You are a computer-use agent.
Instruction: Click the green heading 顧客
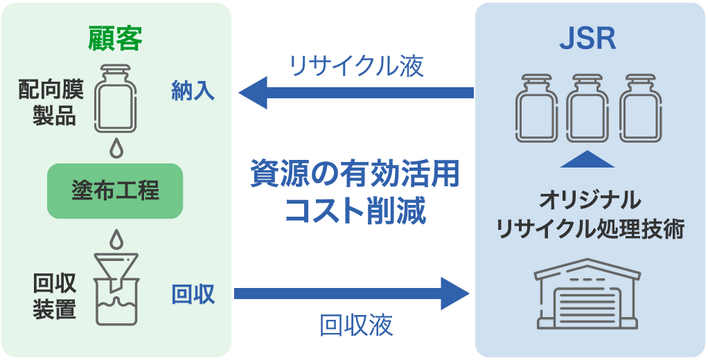point(115,39)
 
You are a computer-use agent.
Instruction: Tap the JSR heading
point(587,39)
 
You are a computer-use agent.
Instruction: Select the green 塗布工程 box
point(115,190)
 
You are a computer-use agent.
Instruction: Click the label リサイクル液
point(357,66)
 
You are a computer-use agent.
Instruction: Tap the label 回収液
point(356,325)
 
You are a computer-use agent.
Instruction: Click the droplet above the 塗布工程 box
point(115,147)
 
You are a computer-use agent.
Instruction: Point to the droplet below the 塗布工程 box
point(115,238)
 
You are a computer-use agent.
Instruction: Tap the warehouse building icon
point(587,294)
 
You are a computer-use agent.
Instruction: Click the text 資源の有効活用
point(355,174)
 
